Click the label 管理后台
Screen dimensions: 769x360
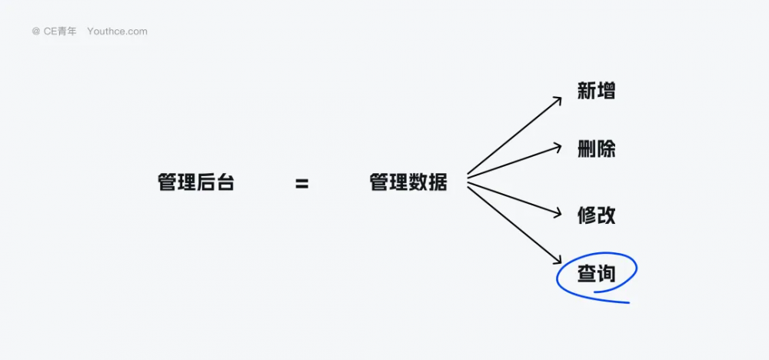click(x=195, y=183)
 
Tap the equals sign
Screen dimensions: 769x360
click(x=302, y=184)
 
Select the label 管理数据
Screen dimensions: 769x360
click(x=408, y=183)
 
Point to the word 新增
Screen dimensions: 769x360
click(x=597, y=92)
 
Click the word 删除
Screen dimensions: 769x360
click(x=597, y=149)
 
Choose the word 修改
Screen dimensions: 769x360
click(x=597, y=216)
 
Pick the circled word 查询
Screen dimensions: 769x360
click(x=597, y=275)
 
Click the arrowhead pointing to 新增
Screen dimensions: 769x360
click(x=557, y=101)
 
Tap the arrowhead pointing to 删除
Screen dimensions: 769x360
click(x=557, y=147)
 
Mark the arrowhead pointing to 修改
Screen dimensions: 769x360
click(x=557, y=213)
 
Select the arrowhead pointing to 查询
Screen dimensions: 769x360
click(x=557, y=259)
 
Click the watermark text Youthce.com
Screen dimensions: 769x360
click(x=117, y=32)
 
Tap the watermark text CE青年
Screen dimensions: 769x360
click(x=60, y=32)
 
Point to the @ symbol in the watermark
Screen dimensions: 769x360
click(x=36, y=32)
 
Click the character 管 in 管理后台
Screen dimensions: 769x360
click(x=167, y=183)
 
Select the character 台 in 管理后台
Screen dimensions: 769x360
click(x=225, y=183)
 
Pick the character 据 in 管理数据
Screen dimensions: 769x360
click(x=438, y=183)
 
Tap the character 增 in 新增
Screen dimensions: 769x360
click(x=606, y=92)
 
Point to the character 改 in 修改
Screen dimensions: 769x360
click(x=606, y=216)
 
